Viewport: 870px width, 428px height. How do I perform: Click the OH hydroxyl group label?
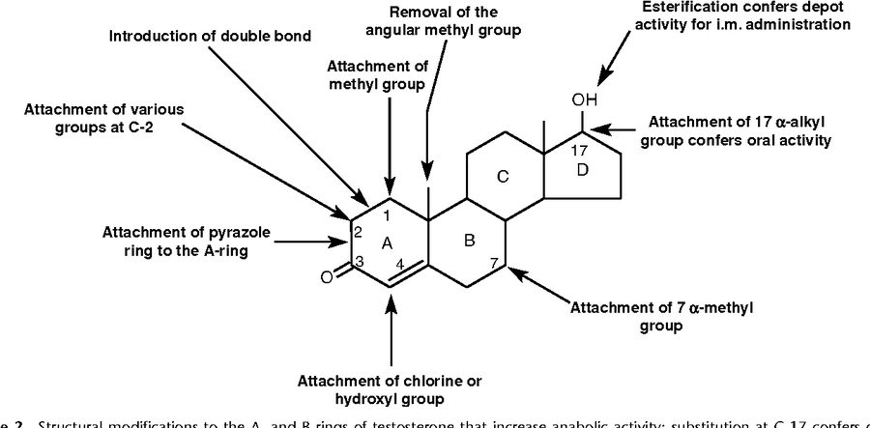[585, 100]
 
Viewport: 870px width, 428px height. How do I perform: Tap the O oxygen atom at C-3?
[327, 277]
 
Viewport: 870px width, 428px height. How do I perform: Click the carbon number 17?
[579, 151]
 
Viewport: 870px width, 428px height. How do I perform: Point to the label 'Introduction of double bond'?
[210, 37]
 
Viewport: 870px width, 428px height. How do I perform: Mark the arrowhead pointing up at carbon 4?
[390, 295]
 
